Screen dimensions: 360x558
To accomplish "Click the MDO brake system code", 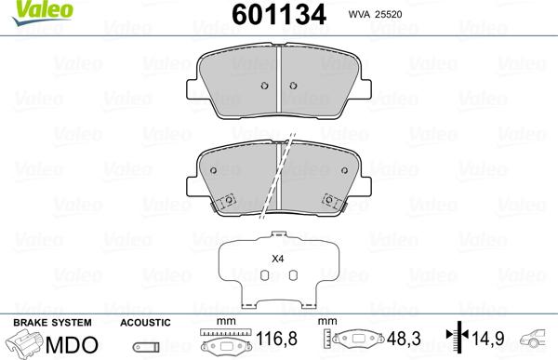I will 73,343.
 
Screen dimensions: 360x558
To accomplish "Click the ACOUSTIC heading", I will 146,322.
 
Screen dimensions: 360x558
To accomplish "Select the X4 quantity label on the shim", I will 277,260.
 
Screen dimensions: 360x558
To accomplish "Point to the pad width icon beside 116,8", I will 223,341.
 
